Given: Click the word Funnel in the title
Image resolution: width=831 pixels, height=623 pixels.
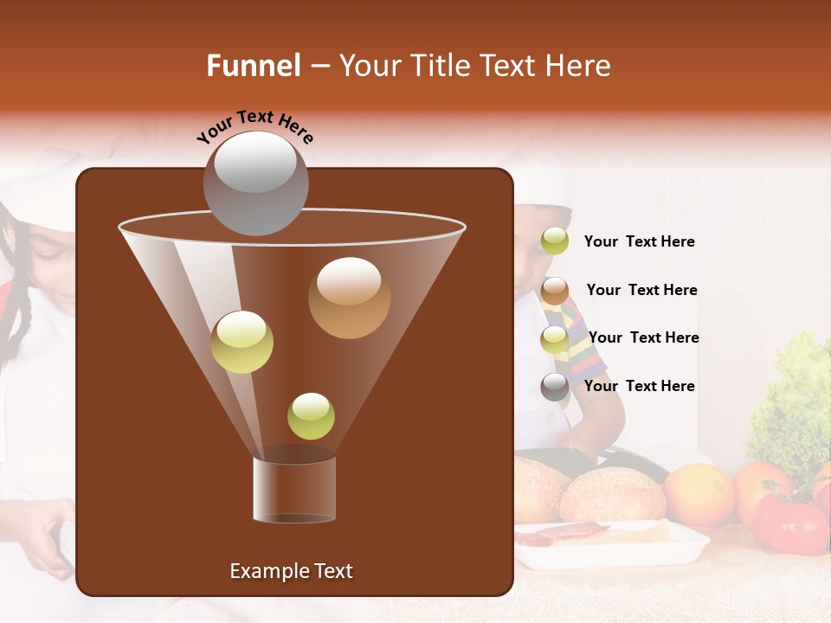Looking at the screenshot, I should click(x=253, y=66).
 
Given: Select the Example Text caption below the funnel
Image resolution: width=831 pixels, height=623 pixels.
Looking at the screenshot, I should click(x=291, y=571).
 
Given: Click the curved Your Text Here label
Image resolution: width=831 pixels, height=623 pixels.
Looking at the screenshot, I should click(x=255, y=126).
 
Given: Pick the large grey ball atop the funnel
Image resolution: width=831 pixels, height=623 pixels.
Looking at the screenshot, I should click(x=255, y=183).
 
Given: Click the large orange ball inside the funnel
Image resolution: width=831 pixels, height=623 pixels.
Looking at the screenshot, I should click(x=349, y=298).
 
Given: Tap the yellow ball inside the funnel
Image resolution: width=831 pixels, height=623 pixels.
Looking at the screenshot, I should click(x=242, y=342).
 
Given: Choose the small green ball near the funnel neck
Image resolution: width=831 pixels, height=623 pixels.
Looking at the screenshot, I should click(x=311, y=416).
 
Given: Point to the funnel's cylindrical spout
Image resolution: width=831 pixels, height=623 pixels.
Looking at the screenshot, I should click(x=294, y=489).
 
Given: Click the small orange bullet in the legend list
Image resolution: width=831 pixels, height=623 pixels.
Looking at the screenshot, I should click(x=555, y=291).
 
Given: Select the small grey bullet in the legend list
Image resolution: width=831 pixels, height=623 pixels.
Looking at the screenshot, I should click(x=555, y=387).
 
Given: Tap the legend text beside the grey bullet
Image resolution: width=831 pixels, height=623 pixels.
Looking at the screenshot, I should click(x=639, y=386).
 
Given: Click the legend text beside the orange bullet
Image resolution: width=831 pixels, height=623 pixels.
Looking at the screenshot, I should click(x=641, y=290).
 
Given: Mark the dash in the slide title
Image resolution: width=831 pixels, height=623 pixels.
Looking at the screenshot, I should click(x=319, y=67).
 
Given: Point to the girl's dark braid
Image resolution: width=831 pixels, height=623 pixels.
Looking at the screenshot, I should click(x=19, y=303).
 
